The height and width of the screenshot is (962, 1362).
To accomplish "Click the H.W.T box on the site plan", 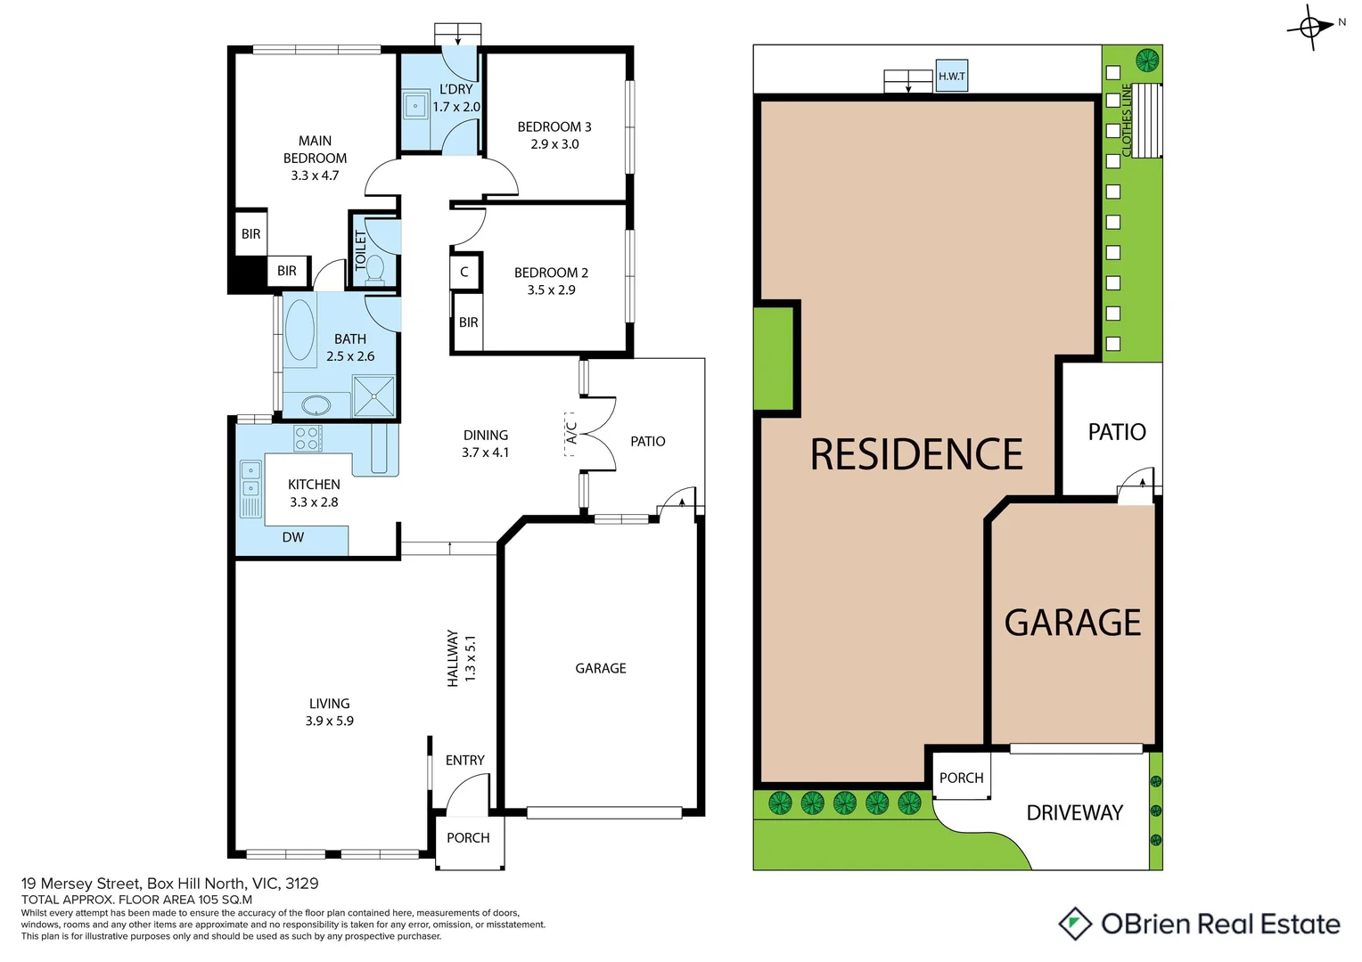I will [x=951, y=76].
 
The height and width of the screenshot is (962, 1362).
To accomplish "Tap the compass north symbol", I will [x=1310, y=27].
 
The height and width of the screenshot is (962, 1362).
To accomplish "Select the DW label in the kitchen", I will [x=293, y=537].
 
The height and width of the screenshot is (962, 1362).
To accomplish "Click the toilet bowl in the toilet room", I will [x=375, y=267].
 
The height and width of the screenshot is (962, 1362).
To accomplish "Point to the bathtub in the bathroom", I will [x=299, y=330].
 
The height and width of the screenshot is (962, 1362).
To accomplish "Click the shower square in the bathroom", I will [x=373, y=396].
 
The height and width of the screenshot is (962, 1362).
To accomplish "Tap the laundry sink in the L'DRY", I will [x=415, y=106].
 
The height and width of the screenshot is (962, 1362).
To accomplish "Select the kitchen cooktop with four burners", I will [x=308, y=438].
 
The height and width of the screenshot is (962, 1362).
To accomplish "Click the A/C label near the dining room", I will [x=571, y=433].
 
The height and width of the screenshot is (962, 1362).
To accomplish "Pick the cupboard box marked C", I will [x=464, y=272].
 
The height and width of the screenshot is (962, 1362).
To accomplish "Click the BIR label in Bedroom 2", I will [x=468, y=322].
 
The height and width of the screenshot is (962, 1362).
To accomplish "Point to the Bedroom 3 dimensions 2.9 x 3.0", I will [x=554, y=144].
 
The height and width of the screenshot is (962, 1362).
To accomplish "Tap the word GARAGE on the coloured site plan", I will [x=1072, y=623].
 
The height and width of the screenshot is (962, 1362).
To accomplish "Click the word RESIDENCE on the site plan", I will [x=916, y=454].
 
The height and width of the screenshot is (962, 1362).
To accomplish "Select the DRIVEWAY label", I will [x=1074, y=812].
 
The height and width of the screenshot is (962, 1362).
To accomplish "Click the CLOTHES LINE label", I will [x=1127, y=121].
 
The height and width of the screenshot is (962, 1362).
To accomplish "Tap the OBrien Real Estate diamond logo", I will [x=1075, y=924].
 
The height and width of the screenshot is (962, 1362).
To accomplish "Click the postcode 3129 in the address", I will [x=302, y=884].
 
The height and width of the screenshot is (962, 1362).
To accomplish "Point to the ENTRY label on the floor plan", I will [x=465, y=760].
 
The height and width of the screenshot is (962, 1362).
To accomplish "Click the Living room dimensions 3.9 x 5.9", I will [x=330, y=721].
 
